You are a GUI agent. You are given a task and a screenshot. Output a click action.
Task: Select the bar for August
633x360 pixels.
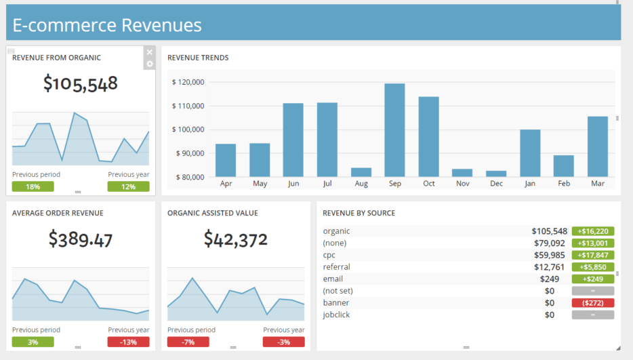[x=361, y=172]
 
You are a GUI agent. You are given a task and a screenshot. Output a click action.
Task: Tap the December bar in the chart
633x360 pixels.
[x=496, y=174]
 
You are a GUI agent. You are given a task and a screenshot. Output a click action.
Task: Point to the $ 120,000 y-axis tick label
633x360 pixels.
[x=188, y=82]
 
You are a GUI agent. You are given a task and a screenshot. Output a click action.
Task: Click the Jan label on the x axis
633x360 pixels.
[x=530, y=184]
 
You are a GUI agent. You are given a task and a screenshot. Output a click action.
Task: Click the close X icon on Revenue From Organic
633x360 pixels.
[x=150, y=52]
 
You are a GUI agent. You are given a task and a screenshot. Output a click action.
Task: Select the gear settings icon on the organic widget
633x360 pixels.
[x=150, y=64]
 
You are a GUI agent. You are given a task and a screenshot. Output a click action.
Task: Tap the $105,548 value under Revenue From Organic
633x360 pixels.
[x=81, y=83]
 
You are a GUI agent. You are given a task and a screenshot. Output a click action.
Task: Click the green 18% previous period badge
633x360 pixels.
[x=33, y=186]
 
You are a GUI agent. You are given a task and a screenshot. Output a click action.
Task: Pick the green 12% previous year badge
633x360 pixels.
[x=128, y=186]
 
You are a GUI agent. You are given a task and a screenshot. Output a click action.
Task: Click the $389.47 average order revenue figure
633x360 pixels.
[x=81, y=239]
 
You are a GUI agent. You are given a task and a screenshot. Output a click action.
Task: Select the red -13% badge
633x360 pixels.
[x=128, y=342]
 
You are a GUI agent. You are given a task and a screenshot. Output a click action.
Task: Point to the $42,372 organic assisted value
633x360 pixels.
[x=236, y=239]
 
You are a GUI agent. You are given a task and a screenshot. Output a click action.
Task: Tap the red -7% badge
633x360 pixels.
[x=188, y=342]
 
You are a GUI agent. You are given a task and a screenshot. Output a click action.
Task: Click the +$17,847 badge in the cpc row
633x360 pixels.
[x=593, y=255]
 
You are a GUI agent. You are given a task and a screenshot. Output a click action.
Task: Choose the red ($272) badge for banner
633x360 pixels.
[x=593, y=303]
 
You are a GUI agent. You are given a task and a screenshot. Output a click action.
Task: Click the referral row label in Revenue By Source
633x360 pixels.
[x=337, y=267]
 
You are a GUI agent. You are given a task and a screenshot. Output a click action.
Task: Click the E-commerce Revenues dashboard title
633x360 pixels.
[x=107, y=25]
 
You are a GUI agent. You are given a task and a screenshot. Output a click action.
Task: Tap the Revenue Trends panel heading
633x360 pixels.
[x=198, y=58]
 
